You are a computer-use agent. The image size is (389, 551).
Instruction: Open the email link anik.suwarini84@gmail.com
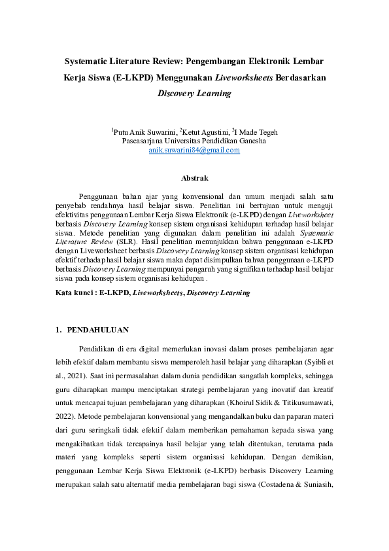[194, 150]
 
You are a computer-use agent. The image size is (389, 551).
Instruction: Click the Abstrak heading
[194, 177]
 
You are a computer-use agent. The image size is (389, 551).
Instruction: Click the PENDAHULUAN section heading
[98, 330]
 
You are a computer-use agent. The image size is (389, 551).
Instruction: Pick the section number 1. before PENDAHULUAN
[59, 330]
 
